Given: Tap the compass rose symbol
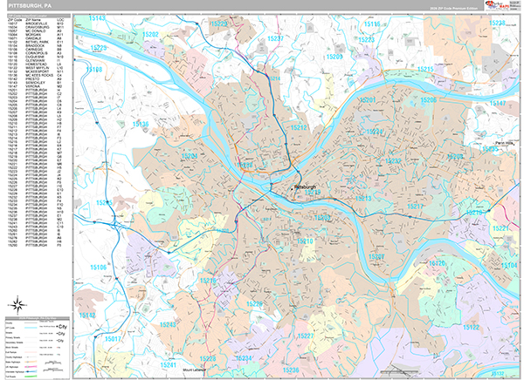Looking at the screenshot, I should [x=17, y=304].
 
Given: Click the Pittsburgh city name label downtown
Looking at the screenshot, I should [x=305, y=186].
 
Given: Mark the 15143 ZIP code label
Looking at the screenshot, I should [x=97, y=18].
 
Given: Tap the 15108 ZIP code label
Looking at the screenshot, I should [x=94, y=69].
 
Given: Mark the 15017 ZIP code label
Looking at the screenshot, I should [x=113, y=337].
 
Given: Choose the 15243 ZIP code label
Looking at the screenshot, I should [x=168, y=324].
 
